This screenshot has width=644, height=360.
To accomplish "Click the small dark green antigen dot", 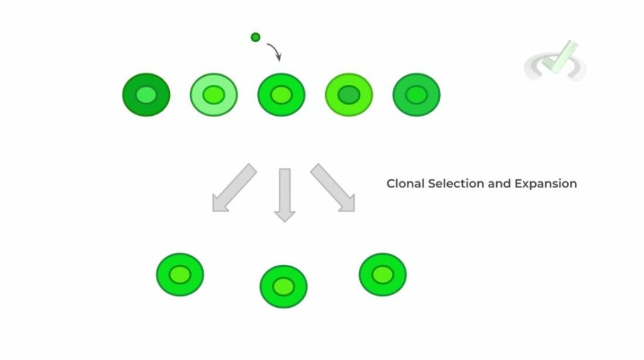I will tap(255, 37).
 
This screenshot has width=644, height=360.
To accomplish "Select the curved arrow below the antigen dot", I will tap(274, 50).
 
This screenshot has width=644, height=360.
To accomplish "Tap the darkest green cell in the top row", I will tap(146, 95).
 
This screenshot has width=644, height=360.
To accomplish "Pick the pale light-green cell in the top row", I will tap(214, 95).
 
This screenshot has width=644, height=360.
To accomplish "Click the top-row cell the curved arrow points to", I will tap(281, 95).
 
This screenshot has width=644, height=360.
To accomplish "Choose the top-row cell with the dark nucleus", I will tap(349, 95).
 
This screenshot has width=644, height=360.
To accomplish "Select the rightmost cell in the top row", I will tap(416, 95).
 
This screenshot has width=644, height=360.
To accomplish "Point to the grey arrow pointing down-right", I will tap(333, 188).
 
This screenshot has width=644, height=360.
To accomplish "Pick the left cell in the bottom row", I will tap(180, 274).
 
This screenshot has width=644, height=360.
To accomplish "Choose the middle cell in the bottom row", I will tap(284, 286).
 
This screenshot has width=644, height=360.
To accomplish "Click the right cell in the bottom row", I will tap(382, 274).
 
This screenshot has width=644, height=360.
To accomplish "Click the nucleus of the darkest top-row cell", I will tap(146, 95).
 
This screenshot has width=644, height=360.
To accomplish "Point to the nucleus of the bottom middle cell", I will tap(284, 286).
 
